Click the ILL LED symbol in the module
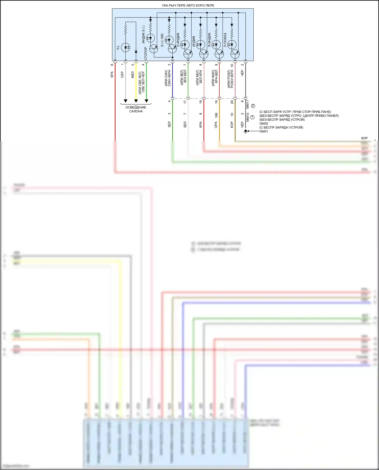pyautogui.click(x=126, y=47)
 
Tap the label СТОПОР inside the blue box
pyautogui.click(x=146, y=53)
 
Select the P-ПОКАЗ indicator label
pyautogui.click(x=225, y=40)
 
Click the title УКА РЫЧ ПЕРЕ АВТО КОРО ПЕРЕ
pyautogui.click(x=188, y=5)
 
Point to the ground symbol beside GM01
pyautogui.click(x=245, y=131)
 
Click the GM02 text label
pyautogui.click(x=264, y=123)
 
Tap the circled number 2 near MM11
pyautogui.click(x=253, y=106)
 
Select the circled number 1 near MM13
pyautogui.click(x=252, y=117)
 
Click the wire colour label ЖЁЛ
pyautogui.click(x=133, y=75)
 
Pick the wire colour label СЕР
pyautogui.click(x=122, y=75)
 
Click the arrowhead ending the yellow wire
pyautogui.click(x=136, y=101)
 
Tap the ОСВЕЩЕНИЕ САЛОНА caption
pyautogui.click(x=136, y=109)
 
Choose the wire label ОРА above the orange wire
pyautogui.click(x=216, y=125)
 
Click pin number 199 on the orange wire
pyautogui.click(x=216, y=115)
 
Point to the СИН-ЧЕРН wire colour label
pyautogui.click(x=169, y=78)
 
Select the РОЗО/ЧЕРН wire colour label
pyautogui.click(x=232, y=79)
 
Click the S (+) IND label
pyautogui.click(x=162, y=40)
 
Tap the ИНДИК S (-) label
pyautogui.click(x=144, y=34)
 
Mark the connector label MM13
pyautogui.click(x=248, y=117)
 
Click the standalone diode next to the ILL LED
pyautogui.click(x=136, y=52)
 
